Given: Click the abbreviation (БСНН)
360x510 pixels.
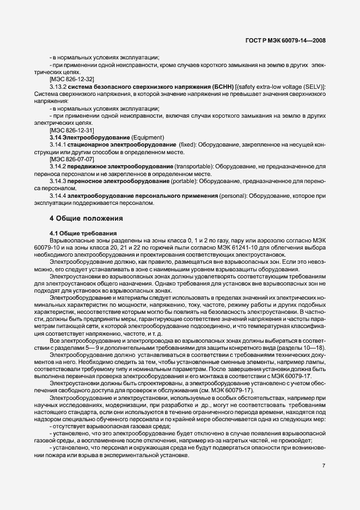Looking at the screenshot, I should (x=223, y=87).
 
